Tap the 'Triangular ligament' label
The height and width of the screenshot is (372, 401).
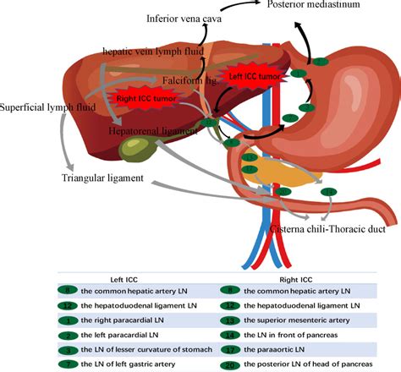(x=102, y=178)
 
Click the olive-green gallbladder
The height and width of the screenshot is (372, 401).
(x=135, y=150)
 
